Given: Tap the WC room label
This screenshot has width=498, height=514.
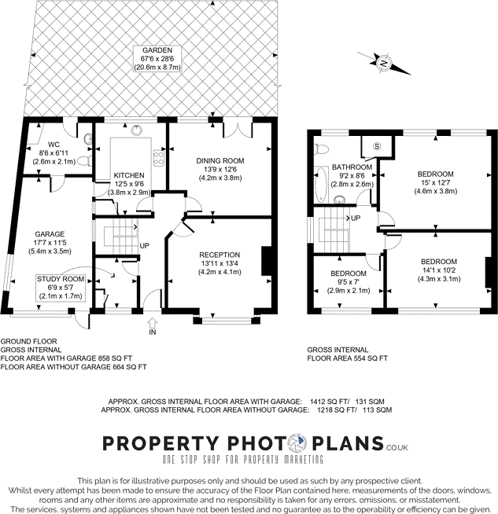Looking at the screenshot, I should click(53, 145).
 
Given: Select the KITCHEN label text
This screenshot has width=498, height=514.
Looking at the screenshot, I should click(128, 174).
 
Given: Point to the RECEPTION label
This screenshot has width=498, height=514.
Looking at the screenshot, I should click(219, 255).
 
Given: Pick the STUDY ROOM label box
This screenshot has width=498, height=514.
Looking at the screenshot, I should click(60, 288).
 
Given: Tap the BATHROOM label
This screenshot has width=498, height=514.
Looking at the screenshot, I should click(351, 167).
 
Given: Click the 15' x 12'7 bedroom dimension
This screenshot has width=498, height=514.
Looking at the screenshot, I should click(435, 182).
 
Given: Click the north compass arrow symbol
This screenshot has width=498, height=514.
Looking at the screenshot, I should click(383, 63).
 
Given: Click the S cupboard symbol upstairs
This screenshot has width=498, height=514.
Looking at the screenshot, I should click(376, 146).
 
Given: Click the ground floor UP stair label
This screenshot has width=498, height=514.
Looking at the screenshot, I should click(144, 246).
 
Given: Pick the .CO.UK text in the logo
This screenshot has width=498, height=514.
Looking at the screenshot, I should click(397, 447).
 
